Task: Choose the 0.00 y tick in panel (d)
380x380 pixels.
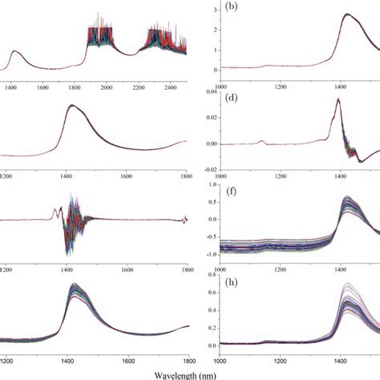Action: (x=206, y=144)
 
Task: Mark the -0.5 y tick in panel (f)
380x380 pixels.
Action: (x=206, y=234)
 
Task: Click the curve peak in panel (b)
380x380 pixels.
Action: (x=346, y=14)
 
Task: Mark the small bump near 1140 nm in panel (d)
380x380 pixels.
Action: (x=262, y=141)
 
